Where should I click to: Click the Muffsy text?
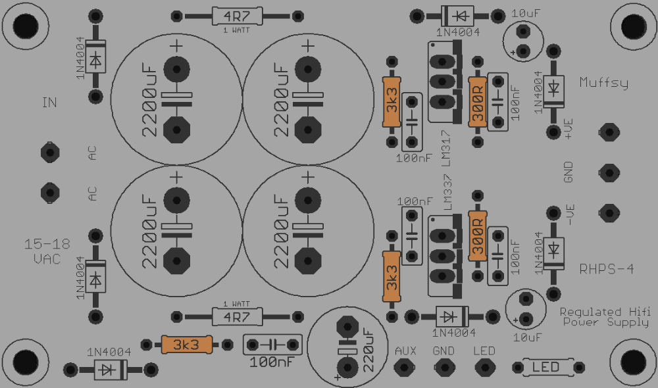[x=603, y=82]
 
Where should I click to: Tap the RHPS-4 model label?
[x=607, y=269]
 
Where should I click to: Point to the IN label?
[x=49, y=103]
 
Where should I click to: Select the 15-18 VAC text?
[x=47, y=251]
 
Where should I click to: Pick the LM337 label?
[x=447, y=193]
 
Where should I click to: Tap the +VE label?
[x=569, y=129]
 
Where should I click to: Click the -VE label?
[x=569, y=215]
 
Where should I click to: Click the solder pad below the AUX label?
[x=404, y=368]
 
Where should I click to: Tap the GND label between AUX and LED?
[x=443, y=351]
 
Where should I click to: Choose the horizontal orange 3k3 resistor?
[x=186, y=345]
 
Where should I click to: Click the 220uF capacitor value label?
[x=368, y=351]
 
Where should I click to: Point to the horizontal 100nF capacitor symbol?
[x=273, y=345]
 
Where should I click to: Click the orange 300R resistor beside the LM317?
[x=478, y=102]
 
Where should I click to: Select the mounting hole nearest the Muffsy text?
[x=633, y=26]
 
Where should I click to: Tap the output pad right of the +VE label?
[x=609, y=133]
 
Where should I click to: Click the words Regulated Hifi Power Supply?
[x=605, y=317]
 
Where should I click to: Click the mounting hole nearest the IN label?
[x=26, y=26]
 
